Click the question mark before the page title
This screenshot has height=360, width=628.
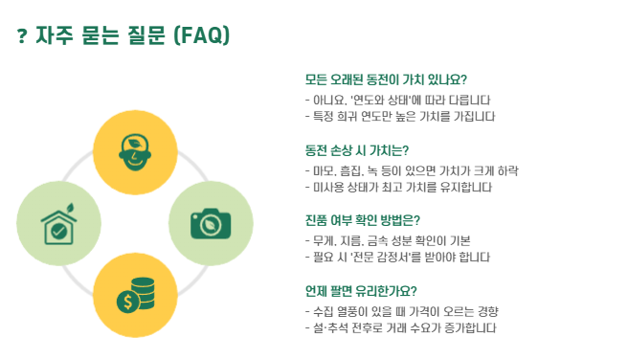coord(22,36)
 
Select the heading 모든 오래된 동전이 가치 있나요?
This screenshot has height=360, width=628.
coord(386,79)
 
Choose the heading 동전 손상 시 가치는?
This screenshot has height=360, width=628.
coord(357,150)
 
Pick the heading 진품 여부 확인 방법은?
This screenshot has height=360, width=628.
coord(363,220)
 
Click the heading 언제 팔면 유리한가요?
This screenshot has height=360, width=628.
coord(361,291)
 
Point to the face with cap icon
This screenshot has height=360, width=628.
coord(135,152)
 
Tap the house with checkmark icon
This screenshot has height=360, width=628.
coord(59,224)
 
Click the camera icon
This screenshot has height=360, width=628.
coord(211,223)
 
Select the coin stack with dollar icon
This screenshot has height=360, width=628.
coord(136,296)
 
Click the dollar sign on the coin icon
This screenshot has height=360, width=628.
coord(127,302)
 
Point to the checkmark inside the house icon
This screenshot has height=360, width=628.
coord(59,231)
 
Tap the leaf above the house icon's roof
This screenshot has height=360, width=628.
coord(70,208)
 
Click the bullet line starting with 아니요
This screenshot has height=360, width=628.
coord(397,101)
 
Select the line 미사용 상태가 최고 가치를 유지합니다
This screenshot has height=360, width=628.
coord(398,188)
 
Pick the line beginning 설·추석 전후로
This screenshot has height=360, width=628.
coord(400,328)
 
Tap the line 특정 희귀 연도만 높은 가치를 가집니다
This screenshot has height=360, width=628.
coord(400,117)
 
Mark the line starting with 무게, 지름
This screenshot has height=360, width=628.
coord(388,240)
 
